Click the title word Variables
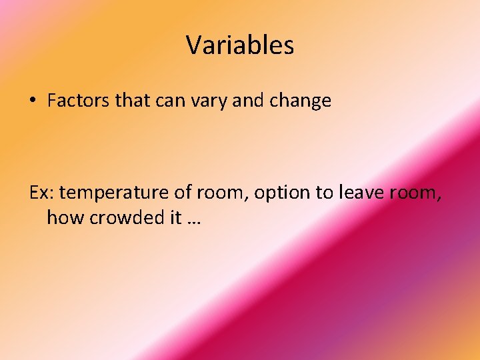pyautogui.click(x=240, y=45)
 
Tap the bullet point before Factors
pyautogui.click(x=33, y=101)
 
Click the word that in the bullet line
pyautogui.click(x=129, y=101)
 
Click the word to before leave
pyautogui.click(x=325, y=193)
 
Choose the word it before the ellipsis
pyautogui.click(x=172, y=217)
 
